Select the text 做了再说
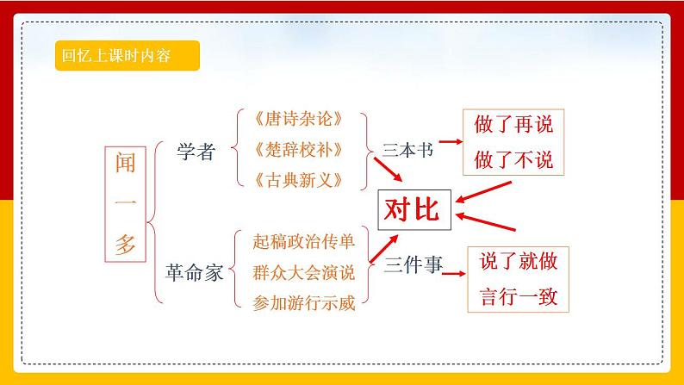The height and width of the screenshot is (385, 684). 513,125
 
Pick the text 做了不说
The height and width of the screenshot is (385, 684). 513,160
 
